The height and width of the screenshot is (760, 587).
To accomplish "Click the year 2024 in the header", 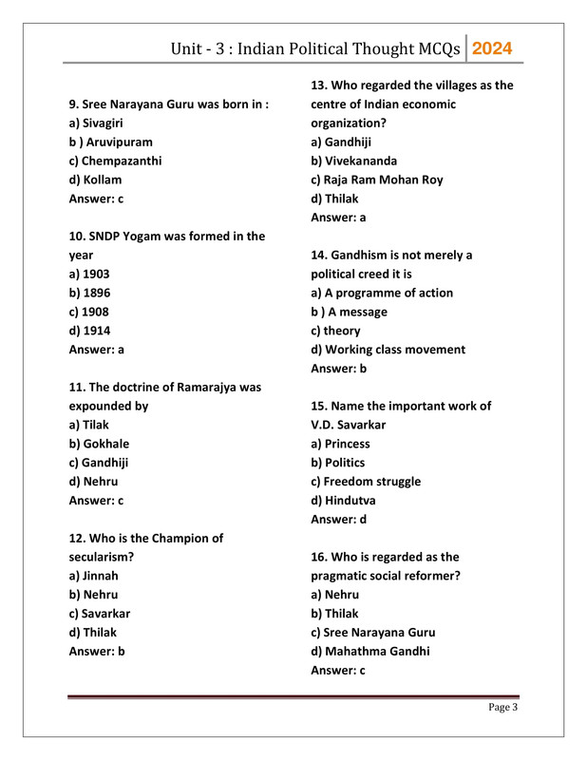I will click(x=492, y=48).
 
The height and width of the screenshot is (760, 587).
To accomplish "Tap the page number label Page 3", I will click(x=502, y=707).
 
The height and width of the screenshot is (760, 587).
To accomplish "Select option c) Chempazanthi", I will click(x=115, y=161).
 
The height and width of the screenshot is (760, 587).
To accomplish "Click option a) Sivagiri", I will click(x=96, y=123).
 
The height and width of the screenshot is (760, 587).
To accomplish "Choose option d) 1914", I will click(x=89, y=331).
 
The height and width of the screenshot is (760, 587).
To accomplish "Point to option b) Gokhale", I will click(x=99, y=444).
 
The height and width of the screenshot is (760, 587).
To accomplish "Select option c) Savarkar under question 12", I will click(x=99, y=614).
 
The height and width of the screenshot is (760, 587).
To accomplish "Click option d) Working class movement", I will click(x=388, y=350).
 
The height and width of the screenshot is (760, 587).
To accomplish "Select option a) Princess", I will click(x=340, y=444).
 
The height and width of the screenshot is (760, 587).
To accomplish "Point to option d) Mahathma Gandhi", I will click(x=369, y=652).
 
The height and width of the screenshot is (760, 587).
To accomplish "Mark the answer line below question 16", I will click(x=338, y=671).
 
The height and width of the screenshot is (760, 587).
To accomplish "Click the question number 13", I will click(x=319, y=85).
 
